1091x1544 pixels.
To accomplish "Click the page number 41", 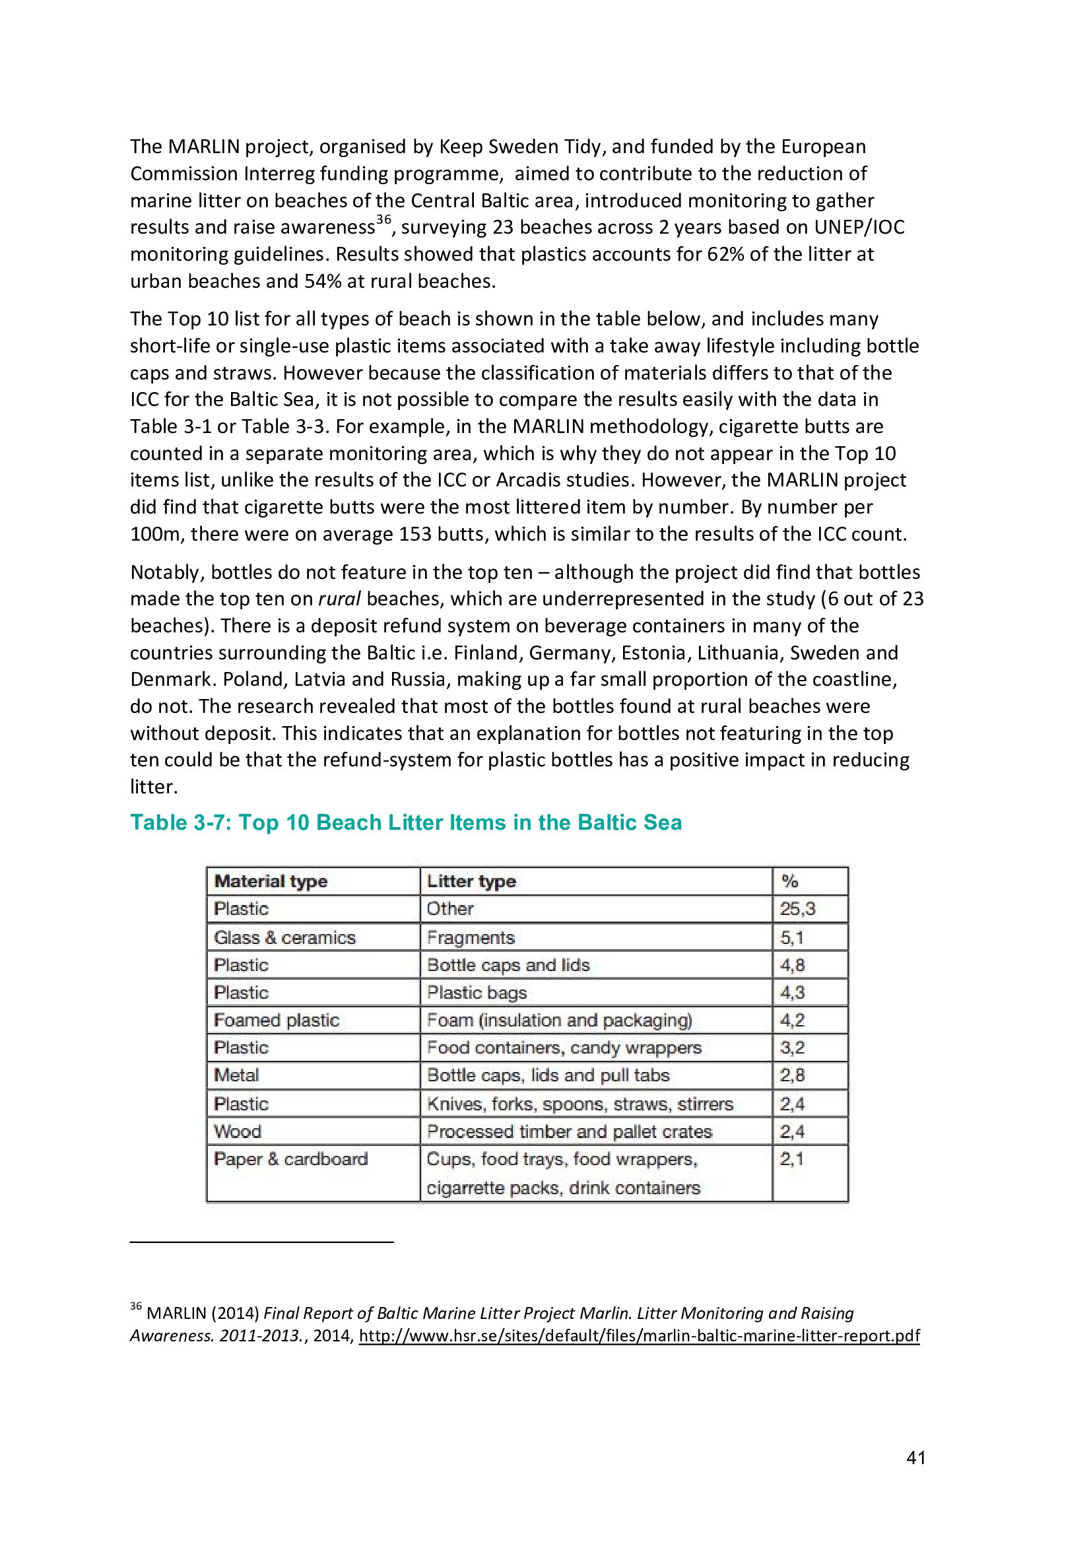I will tap(915, 1458).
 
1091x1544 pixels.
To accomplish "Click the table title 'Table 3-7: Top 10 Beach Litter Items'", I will tap(405, 822).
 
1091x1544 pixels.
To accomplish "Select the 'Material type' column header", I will tap(270, 881).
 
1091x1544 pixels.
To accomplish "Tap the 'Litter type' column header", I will tap(471, 881).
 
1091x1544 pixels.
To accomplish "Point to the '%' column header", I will tap(789, 881).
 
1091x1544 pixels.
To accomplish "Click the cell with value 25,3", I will tap(797, 909).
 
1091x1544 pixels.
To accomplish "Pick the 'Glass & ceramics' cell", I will tap(284, 937).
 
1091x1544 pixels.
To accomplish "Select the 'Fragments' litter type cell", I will tap(471, 937).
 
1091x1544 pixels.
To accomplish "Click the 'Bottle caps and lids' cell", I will tap(508, 965).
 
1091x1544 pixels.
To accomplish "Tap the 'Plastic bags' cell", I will tap(477, 993).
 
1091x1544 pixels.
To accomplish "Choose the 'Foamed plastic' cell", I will tap(277, 1020).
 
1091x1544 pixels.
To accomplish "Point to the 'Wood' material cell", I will tap(238, 1131).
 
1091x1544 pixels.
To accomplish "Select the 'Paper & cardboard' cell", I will tap(290, 1159).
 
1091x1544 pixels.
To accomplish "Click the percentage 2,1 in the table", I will tap(791, 1159).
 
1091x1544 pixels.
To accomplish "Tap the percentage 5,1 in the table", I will tap(791, 937).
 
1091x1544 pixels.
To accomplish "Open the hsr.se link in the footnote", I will tap(639, 1335).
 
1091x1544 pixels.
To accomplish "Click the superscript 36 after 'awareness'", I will tap(383, 220).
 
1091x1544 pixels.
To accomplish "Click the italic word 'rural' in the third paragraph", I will tap(339, 599).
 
